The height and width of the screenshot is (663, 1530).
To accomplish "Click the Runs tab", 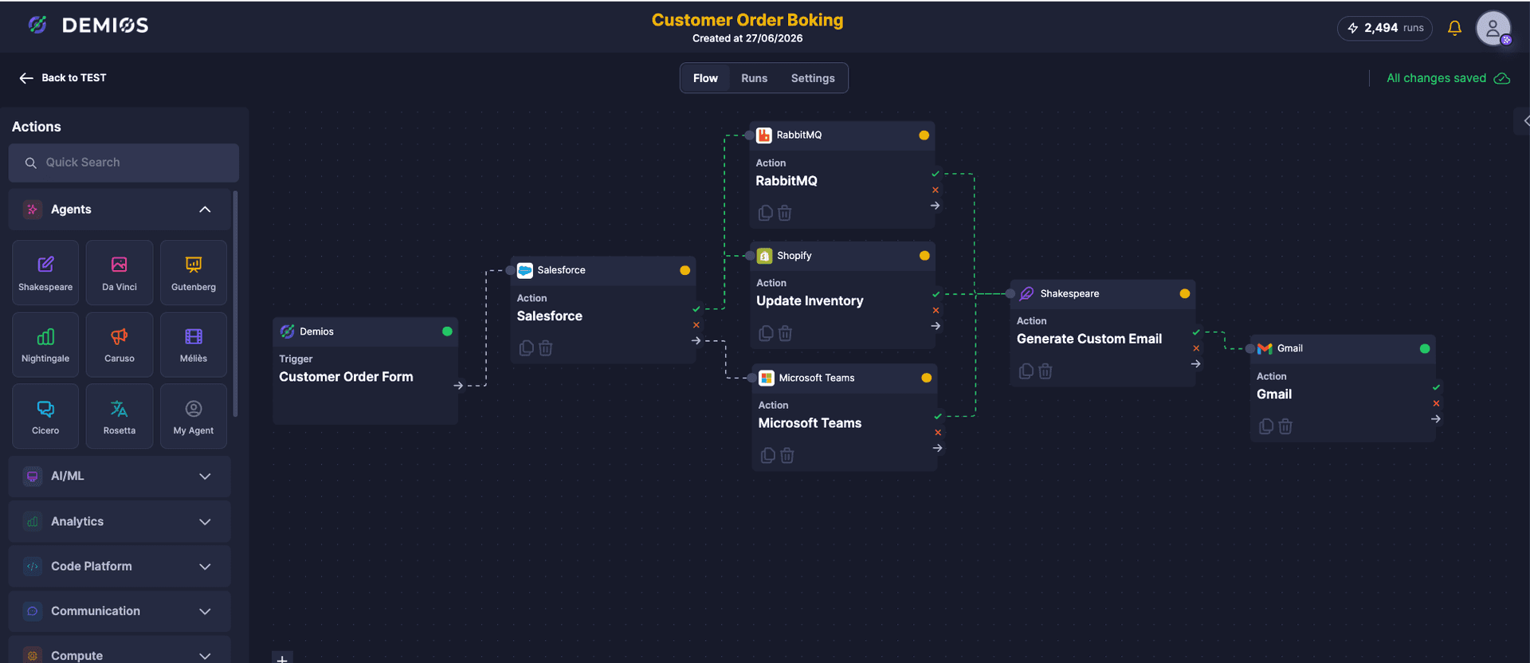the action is (x=754, y=78).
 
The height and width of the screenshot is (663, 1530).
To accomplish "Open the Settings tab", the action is (x=813, y=78).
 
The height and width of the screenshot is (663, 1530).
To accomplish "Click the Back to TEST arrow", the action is (x=26, y=78).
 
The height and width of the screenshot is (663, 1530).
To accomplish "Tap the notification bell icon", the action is (x=1454, y=28).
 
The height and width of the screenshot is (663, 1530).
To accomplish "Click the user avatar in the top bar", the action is (x=1493, y=28).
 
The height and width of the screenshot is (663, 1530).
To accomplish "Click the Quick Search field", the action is (x=124, y=163).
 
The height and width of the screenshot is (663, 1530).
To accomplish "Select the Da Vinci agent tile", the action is (x=120, y=273).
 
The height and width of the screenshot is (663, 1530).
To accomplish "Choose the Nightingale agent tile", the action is (x=45, y=344).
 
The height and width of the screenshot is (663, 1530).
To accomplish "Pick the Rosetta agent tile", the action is (x=120, y=416).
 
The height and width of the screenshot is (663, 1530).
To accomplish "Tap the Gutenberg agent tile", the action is (x=194, y=273).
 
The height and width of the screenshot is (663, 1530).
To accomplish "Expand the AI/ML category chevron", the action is (x=205, y=477).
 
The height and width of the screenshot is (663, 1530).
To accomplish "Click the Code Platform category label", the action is (x=92, y=567).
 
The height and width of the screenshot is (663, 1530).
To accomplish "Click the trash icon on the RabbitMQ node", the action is (x=785, y=213).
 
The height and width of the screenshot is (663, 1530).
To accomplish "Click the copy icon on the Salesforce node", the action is (x=526, y=348).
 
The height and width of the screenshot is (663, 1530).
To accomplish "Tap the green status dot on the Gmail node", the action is (x=1425, y=348).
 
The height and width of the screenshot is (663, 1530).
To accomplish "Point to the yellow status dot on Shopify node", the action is (x=924, y=256).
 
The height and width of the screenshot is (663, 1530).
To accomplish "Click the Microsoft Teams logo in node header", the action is (x=767, y=378).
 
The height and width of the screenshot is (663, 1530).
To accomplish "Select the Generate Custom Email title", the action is (x=1089, y=339).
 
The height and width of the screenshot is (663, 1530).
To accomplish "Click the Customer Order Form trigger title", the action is (x=346, y=377).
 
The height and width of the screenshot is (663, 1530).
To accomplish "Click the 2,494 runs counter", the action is (x=1385, y=28).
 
